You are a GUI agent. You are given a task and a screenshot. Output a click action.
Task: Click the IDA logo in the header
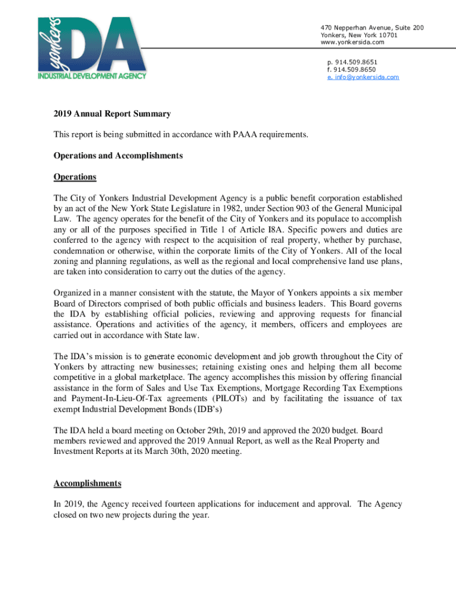tap(92, 47)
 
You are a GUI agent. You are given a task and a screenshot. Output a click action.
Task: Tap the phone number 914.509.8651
tap(355, 62)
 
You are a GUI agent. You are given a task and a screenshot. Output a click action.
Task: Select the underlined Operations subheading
tap(75, 177)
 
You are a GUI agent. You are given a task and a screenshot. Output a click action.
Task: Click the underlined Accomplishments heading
tap(87, 483)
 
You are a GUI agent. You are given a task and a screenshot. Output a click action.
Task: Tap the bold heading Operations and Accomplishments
tap(118, 156)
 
